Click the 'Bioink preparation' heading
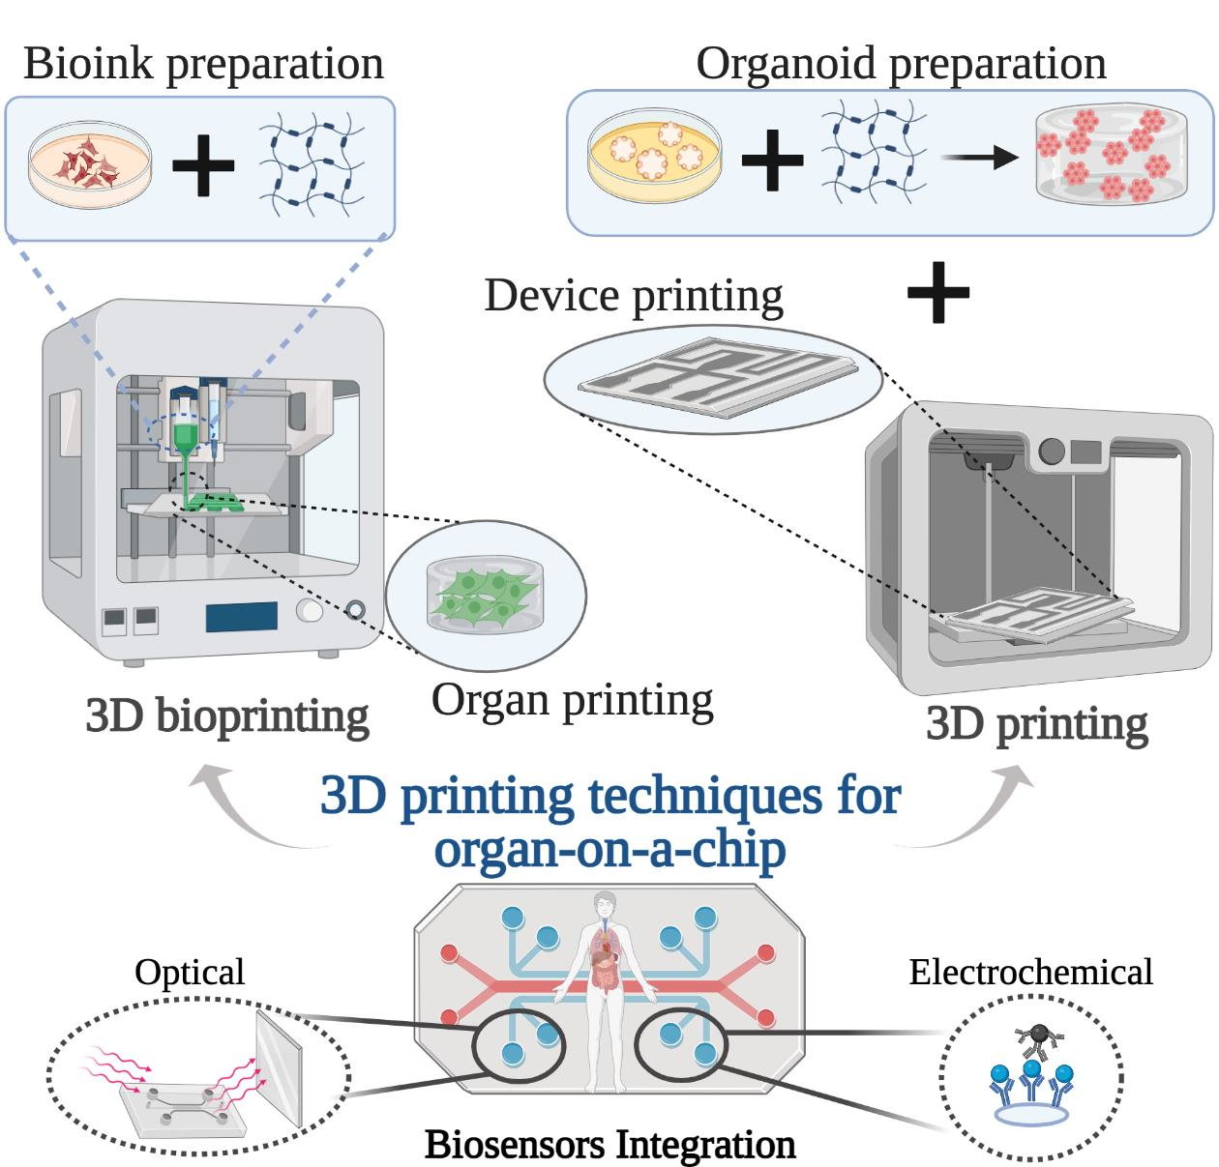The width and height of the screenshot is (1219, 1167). point(203,64)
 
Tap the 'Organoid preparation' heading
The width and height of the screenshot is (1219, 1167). point(901,64)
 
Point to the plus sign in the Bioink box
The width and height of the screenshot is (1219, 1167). point(203,165)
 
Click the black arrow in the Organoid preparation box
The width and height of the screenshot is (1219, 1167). point(980,158)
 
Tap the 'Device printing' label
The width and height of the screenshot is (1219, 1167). point(634,296)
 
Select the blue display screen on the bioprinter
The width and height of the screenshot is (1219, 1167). point(241,617)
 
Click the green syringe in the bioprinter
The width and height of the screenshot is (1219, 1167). point(187,435)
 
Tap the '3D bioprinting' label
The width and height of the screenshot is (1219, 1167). point(227,716)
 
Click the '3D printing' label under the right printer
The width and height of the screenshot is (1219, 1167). point(1036,724)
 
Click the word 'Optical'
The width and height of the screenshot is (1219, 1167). point(190,973)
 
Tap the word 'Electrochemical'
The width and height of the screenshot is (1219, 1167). point(1030,973)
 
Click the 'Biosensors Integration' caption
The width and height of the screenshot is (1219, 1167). point(609,1145)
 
